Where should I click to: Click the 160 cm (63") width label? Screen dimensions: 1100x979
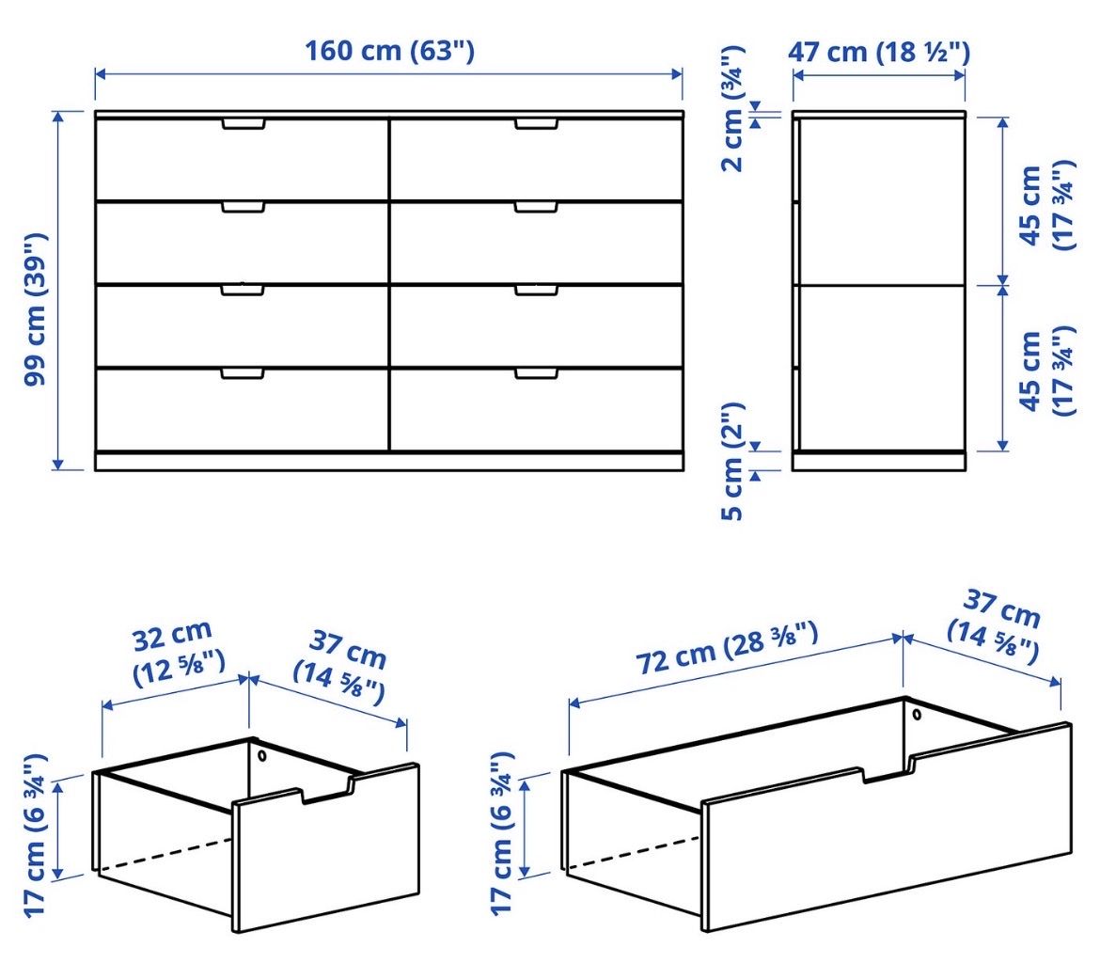389,51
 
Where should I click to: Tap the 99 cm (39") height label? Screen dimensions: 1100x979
35,308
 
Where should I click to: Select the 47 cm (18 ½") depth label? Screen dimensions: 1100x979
879,52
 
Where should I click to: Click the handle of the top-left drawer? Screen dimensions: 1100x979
244,124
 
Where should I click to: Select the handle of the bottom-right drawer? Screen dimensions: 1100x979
536,373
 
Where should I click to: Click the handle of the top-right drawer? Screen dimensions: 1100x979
536,124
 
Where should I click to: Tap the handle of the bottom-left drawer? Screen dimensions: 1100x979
243,373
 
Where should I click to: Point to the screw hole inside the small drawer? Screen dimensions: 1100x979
261,756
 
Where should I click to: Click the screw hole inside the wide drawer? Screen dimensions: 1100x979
917,715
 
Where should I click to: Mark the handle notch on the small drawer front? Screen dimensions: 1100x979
327,790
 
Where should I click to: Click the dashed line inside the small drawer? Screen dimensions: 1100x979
165,856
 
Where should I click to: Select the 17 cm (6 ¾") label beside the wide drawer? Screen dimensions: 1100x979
502,834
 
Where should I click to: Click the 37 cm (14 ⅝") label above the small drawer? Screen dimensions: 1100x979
340,667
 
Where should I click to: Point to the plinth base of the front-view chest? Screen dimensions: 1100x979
389,461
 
